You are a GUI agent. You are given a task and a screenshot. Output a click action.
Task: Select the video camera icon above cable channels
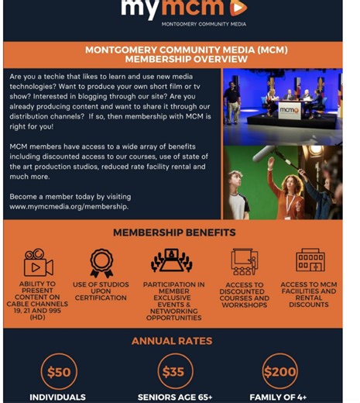pyautogui.click(x=37, y=263)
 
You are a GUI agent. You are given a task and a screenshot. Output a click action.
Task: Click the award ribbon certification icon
pyautogui.click(x=101, y=263)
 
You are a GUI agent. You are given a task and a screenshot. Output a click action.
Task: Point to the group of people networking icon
pyautogui.click(x=172, y=262)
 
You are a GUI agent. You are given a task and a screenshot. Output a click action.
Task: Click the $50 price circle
pyautogui.click(x=59, y=371)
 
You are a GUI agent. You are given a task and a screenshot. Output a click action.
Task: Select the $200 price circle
pyautogui.click(x=279, y=371)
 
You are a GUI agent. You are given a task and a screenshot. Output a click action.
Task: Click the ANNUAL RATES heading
pyautogui.click(x=172, y=341)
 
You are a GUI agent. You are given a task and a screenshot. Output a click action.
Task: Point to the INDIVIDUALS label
pyautogui.click(x=58, y=397)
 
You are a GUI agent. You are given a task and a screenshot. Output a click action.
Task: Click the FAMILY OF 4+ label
pyautogui.click(x=280, y=397)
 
